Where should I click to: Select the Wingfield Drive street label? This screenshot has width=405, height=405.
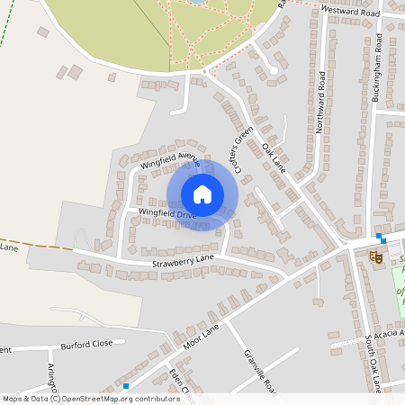click(166, 214)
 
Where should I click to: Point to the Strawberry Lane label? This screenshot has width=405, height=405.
click(182, 259)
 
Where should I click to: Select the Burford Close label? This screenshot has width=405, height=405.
click(86, 344)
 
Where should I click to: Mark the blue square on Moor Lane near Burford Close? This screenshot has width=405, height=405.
click(126, 386)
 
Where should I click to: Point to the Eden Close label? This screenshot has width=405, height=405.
click(178, 382)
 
